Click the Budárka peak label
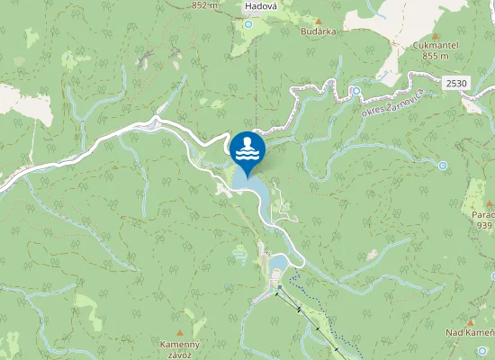coord(319,31)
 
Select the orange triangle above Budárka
coord(319,20)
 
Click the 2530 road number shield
coord(456,83)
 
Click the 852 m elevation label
coord(204,5)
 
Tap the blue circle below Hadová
coord(249,24)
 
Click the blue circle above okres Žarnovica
coord(356,91)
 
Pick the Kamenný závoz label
coord(179,349)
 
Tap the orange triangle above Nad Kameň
coord(470,321)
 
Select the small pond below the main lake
coord(277,263)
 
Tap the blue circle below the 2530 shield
coord(443,166)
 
